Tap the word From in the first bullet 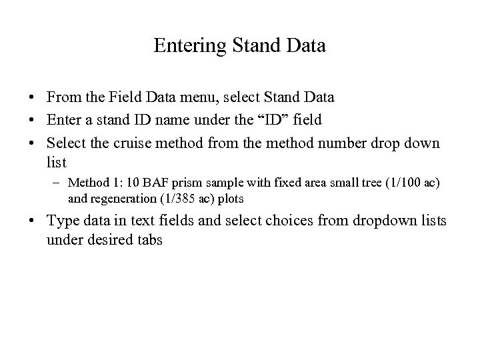tap(62, 97)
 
